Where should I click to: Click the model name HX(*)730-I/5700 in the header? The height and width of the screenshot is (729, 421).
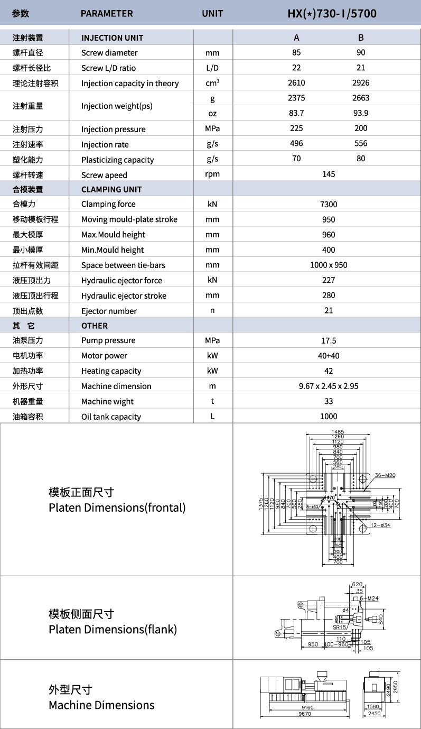[332, 13]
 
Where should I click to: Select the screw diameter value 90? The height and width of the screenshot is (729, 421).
[361, 52]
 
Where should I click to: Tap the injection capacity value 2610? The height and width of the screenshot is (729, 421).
[296, 82]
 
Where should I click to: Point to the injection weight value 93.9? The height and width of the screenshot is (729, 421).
[361, 113]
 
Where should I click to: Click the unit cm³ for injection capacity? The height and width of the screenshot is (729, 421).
[212, 83]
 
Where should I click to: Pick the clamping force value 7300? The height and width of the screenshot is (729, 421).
[329, 204]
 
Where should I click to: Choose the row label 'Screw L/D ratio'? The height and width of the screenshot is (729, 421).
[108, 68]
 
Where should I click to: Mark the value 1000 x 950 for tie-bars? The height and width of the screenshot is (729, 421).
[329, 265]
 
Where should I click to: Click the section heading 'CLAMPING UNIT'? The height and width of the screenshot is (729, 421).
[111, 189]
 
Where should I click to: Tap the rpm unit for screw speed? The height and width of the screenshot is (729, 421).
[212, 174]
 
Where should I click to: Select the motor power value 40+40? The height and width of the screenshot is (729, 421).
[329, 356]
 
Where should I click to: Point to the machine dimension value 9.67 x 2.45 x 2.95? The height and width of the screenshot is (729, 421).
[329, 386]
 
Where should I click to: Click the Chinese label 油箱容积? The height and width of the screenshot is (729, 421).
[28, 417]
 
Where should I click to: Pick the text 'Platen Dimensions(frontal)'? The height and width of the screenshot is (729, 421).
[117, 507]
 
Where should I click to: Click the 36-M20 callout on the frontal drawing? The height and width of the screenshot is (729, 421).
[386, 475]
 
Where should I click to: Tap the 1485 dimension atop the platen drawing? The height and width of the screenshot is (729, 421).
[338, 432]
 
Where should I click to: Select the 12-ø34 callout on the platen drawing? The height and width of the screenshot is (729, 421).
[380, 525]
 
